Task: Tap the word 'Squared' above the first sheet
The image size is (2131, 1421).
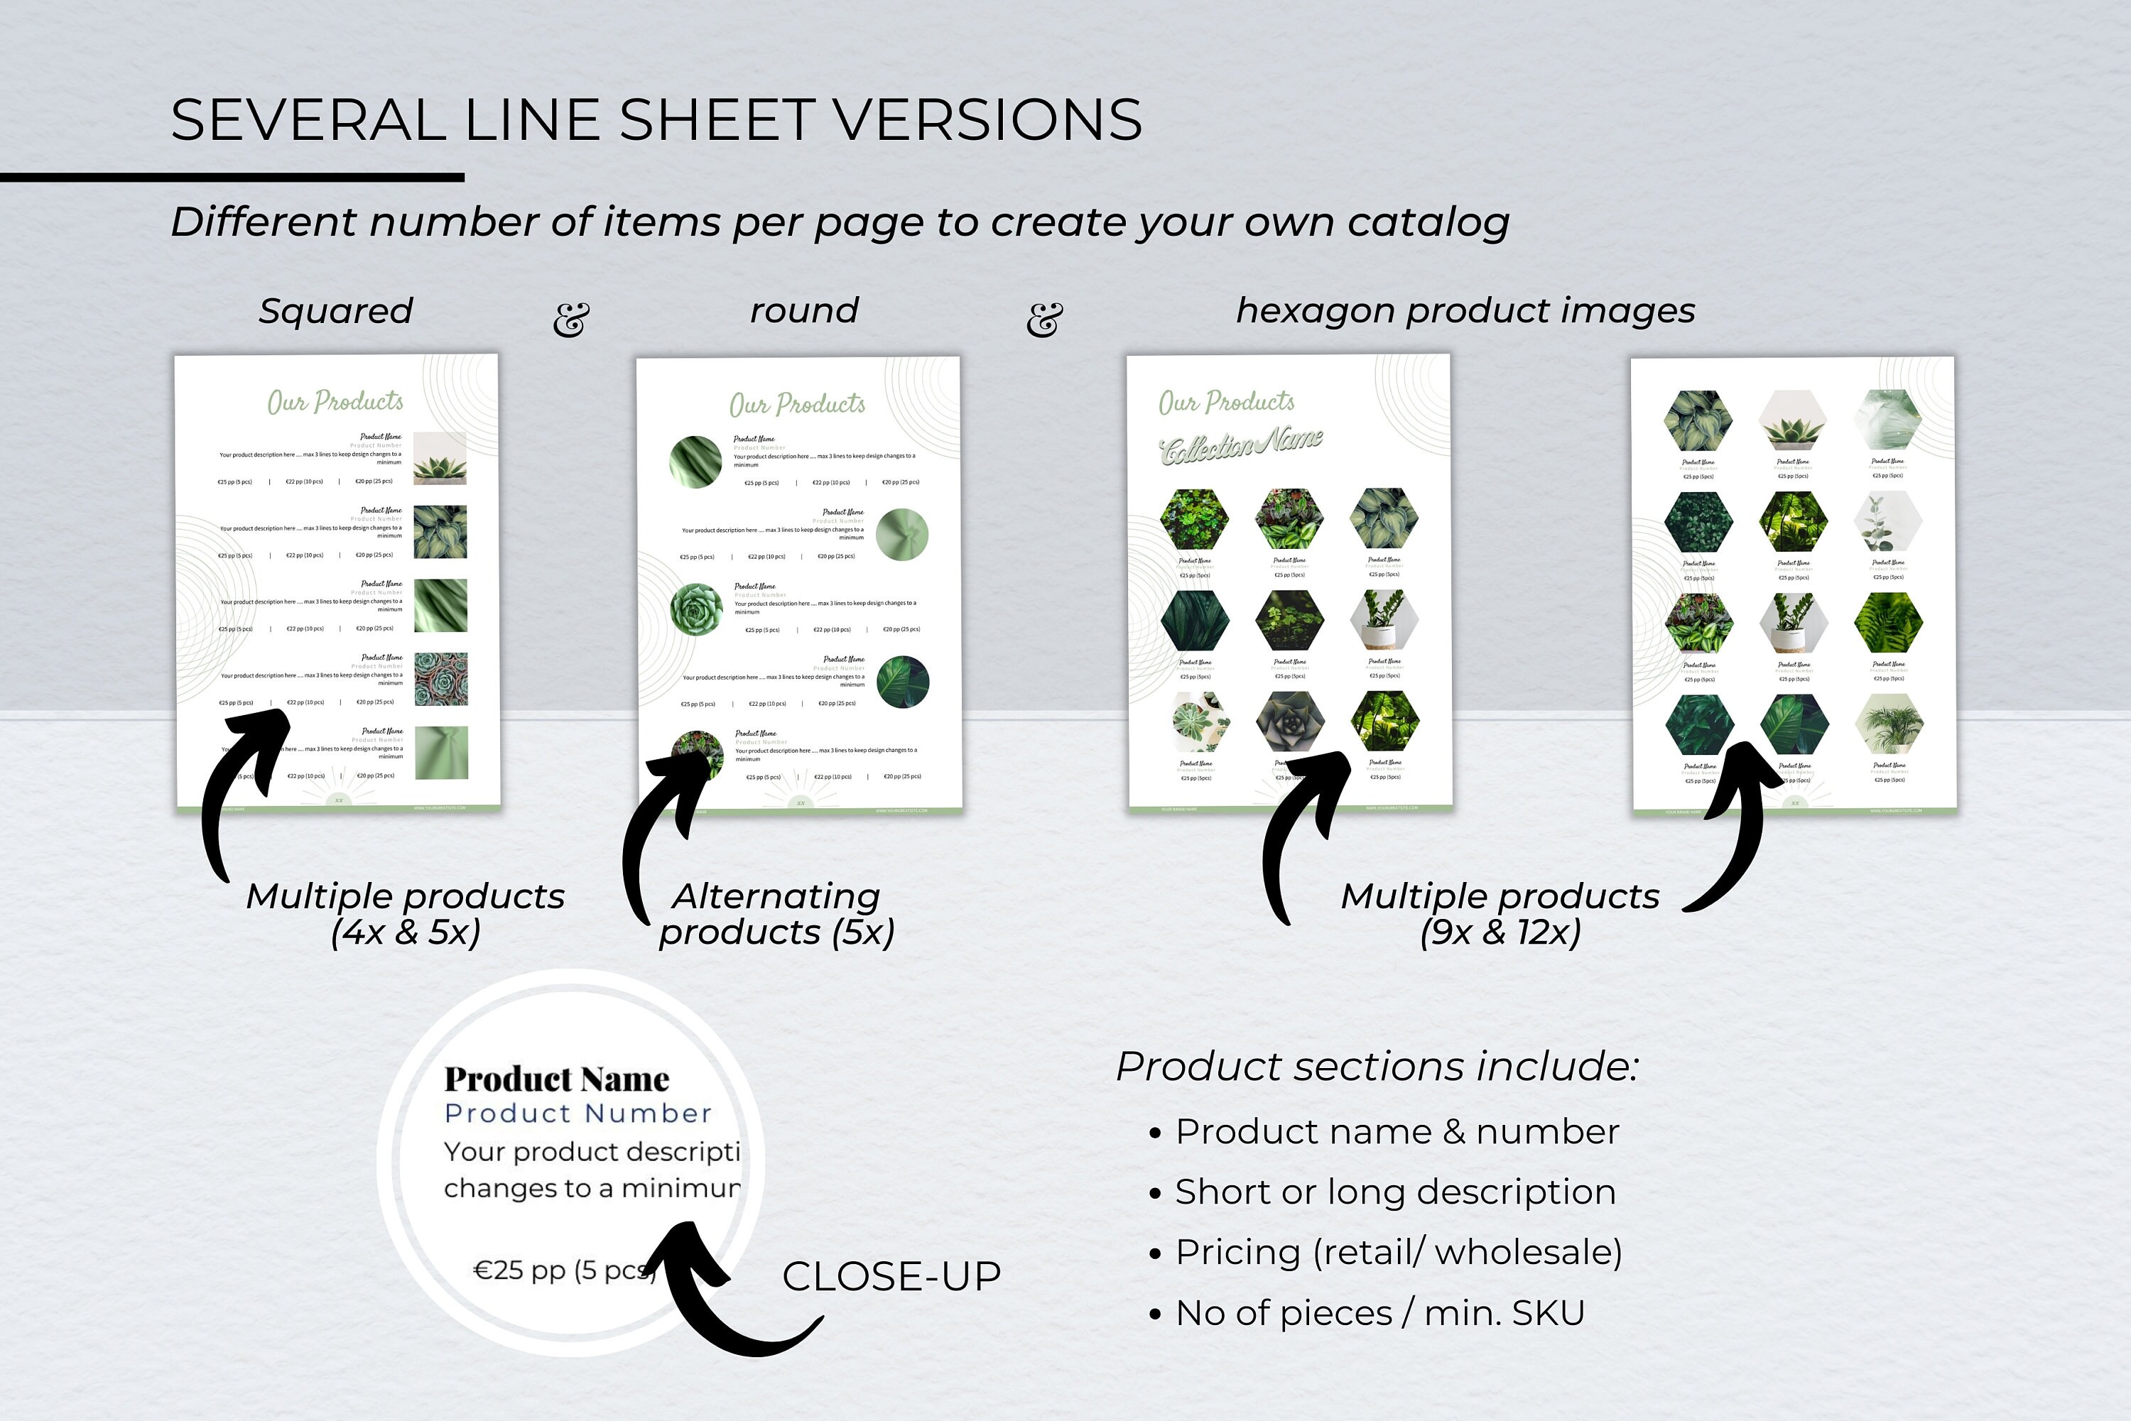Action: click(335, 311)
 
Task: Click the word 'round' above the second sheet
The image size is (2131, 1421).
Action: click(804, 311)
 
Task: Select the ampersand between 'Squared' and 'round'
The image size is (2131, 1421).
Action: click(571, 319)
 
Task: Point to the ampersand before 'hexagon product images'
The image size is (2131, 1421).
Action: click(1044, 319)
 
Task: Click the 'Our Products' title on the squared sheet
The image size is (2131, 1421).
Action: click(335, 401)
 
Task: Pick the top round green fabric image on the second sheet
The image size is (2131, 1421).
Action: click(695, 462)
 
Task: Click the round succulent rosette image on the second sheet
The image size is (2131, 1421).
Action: click(696, 609)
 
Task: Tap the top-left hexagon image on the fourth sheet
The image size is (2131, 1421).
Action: click(1698, 420)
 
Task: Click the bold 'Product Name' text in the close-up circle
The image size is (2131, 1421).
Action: click(556, 1079)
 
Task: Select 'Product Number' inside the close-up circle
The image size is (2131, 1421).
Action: click(578, 1114)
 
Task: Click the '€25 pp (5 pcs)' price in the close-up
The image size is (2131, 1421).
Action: click(562, 1270)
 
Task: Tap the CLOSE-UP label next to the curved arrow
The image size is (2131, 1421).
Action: click(891, 1276)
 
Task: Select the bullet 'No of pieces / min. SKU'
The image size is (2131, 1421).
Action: click(1379, 1313)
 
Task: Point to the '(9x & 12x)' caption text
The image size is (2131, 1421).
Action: click(1500, 932)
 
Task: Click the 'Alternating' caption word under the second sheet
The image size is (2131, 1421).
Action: click(776, 896)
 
